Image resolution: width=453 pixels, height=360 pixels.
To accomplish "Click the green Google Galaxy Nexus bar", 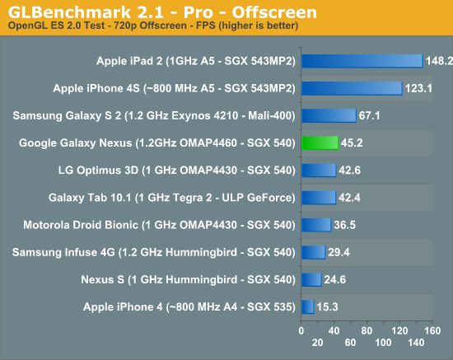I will [x=320, y=143].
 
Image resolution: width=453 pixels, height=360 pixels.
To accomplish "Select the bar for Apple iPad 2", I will [x=362, y=61].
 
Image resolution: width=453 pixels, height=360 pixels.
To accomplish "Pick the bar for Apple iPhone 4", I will [x=308, y=306].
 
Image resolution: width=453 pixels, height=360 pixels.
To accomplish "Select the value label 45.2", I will [x=353, y=143].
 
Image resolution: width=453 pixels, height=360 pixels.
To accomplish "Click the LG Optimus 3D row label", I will [x=165, y=170].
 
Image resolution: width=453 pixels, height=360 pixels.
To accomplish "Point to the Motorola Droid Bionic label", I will [x=154, y=225].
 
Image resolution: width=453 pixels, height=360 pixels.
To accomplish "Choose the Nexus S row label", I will [x=189, y=279].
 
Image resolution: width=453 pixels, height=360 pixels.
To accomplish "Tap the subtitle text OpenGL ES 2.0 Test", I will [x=55, y=26].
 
